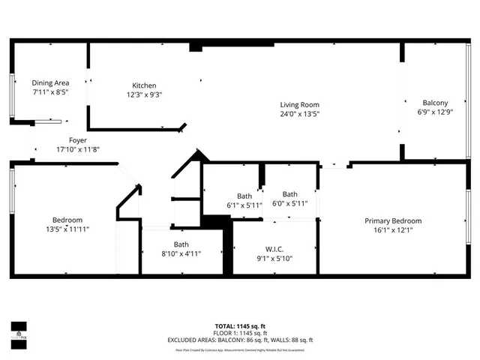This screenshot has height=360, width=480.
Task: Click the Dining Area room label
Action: coord(50,82)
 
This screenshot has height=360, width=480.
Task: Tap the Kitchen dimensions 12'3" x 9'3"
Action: coord(145,94)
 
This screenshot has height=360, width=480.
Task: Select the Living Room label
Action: coord(300,104)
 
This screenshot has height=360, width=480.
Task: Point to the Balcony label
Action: coord(435,103)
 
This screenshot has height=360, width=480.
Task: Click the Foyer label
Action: coord(78,140)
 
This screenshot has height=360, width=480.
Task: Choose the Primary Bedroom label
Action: coord(393,220)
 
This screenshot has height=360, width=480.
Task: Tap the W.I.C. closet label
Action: coord(274,249)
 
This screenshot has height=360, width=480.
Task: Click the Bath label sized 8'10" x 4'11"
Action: coord(181,244)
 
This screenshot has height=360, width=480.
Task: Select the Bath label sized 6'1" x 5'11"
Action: coord(244,196)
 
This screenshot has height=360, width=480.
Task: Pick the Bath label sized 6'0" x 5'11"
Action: coord(289,193)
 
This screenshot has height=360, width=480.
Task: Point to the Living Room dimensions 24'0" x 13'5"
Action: coord(300,114)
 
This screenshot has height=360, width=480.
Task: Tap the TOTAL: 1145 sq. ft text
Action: coord(239,325)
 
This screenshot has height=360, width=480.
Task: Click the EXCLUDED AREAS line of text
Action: coord(239,340)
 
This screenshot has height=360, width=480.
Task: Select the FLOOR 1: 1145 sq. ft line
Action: coord(239,333)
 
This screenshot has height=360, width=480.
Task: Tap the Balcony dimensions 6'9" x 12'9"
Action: coord(435,112)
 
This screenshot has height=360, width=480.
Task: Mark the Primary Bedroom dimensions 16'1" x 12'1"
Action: coord(393,230)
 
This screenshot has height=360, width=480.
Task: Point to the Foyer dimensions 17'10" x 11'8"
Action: coord(78,149)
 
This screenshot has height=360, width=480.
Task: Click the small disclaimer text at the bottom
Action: coord(239,349)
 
